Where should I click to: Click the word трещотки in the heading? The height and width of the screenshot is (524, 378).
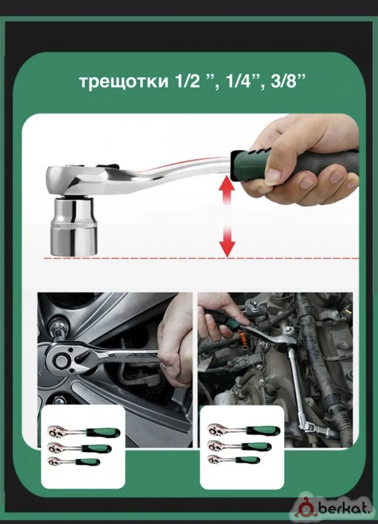[124, 81]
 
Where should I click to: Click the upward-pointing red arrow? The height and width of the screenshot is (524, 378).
[227, 189]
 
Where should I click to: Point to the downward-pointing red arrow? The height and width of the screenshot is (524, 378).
[227, 241]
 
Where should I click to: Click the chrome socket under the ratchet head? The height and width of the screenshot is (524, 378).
[74, 227]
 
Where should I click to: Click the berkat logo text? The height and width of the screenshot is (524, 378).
[345, 508]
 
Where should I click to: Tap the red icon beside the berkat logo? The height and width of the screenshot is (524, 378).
[305, 508]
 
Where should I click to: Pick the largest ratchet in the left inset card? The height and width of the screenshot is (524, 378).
[84, 432]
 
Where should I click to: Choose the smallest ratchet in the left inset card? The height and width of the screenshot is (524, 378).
[73, 462]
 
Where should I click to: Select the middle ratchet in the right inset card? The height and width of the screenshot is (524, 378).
[239, 446]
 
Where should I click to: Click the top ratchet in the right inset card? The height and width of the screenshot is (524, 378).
[244, 430]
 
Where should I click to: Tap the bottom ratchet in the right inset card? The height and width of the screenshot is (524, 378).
[234, 460]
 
